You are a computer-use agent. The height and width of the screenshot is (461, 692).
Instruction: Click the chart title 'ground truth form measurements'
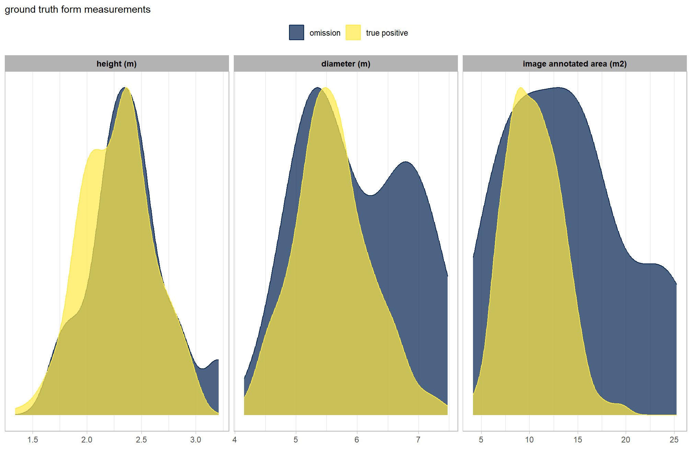(78, 10)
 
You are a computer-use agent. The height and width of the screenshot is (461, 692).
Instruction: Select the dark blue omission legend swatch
(296, 33)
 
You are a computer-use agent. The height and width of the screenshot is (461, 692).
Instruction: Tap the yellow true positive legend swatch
(353, 33)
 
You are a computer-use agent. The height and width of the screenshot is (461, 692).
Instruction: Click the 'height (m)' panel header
(117, 64)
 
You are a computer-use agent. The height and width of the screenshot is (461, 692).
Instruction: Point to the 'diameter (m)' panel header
(346, 64)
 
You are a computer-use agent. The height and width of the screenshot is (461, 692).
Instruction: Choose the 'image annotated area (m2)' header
(575, 64)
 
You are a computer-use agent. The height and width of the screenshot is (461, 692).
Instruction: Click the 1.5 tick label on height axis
(33, 440)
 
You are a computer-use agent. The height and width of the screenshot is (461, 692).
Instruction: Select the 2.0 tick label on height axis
(87, 440)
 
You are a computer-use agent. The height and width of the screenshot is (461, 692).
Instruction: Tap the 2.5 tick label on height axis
(141, 440)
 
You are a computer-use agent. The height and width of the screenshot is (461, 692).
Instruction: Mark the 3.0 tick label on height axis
(196, 440)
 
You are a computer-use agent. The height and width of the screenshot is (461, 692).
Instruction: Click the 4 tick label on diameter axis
(234, 440)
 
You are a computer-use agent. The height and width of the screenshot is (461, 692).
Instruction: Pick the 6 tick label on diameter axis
(357, 440)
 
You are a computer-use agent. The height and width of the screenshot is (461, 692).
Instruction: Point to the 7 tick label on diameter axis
(418, 440)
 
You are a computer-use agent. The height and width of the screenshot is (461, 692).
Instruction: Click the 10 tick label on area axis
(529, 440)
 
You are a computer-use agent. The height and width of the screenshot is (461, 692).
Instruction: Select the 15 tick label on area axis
(578, 440)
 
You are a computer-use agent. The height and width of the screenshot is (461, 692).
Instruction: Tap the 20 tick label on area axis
(626, 440)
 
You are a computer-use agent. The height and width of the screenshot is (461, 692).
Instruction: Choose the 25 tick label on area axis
(674, 440)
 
